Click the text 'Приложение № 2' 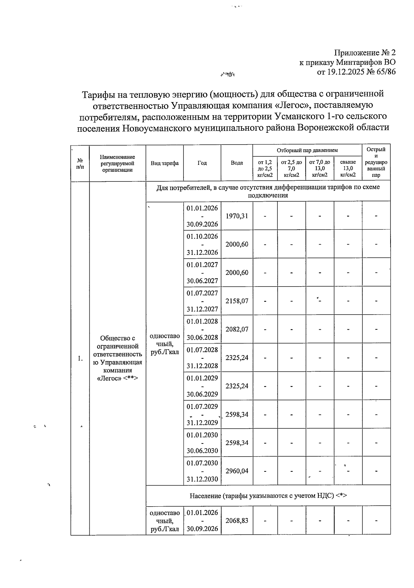(x=365, y=53)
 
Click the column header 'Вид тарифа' (x=165, y=163)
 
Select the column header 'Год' (x=202, y=163)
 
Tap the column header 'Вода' (x=237, y=163)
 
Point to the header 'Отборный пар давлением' (x=307, y=150)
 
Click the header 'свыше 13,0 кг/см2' (x=348, y=168)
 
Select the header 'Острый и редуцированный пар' (x=376, y=162)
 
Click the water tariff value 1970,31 (x=237, y=216)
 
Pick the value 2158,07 (x=237, y=301)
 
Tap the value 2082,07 (x=237, y=329)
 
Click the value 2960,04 (x=237, y=471)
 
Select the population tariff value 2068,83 (x=237, y=521)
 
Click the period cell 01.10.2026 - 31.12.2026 (x=202, y=244)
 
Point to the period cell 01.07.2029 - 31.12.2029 (x=202, y=414)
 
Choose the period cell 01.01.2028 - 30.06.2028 (x=202, y=329)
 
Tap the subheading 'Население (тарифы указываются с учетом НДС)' (x=268, y=496)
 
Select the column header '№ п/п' (x=80, y=163)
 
